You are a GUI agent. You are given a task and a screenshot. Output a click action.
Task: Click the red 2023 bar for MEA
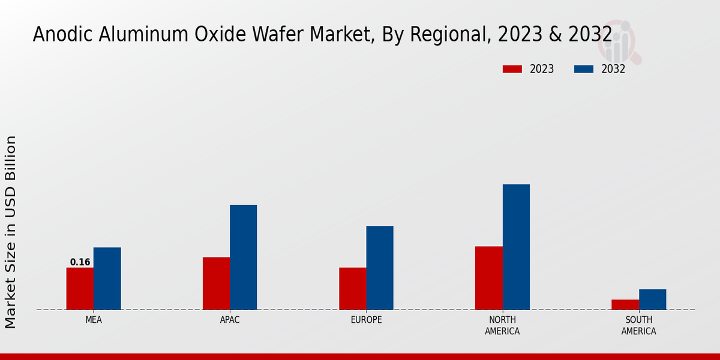pos(80,289)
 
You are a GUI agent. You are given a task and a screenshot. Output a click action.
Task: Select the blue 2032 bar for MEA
pos(107,278)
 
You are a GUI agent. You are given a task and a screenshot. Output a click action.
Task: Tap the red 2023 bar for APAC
pos(216,283)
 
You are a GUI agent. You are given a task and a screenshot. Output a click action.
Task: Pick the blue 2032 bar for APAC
pos(243,257)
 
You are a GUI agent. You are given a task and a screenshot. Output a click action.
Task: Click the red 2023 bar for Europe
pos(352,289)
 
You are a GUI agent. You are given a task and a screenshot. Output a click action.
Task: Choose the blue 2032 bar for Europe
pos(380,268)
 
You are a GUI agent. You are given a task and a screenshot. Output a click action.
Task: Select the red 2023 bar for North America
pos(488,278)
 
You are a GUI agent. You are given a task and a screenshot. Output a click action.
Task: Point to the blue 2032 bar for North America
pos(516,247)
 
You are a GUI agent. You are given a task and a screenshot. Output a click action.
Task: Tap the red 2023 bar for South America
pos(625,304)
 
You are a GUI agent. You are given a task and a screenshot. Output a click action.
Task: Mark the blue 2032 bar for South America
pos(652,299)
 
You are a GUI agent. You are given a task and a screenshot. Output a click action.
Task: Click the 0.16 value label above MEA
pos(80,262)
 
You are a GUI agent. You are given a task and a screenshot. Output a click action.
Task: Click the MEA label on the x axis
pos(94,320)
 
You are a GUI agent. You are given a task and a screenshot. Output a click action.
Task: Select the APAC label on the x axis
pos(230,320)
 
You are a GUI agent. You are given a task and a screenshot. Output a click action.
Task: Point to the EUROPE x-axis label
pos(366,320)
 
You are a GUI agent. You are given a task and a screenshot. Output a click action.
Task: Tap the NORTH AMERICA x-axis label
pos(502,325)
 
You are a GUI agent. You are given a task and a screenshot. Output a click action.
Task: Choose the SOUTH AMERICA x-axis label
pos(638,325)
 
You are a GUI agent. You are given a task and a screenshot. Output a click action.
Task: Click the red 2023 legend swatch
pos(512,69)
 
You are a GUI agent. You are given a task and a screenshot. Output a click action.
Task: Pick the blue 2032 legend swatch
pos(583,69)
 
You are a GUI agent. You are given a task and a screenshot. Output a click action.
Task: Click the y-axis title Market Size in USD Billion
pos(11,232)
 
